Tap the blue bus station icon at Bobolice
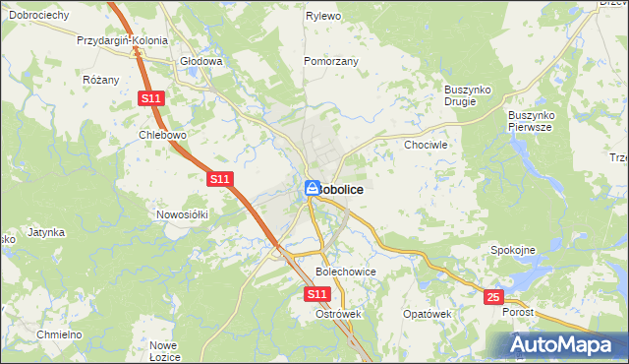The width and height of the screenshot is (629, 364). [x=312, y=188]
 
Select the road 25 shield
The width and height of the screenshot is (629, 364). [x=493, y=295]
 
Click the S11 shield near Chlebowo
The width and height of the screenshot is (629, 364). [x=150, y=99]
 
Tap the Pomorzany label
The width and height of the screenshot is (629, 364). [x=331, y=61]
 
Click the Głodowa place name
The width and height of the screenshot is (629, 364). [x=201, y=61]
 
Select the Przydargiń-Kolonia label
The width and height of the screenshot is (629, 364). [x=123, y=42]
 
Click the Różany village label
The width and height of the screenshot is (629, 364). [x=101, y=80]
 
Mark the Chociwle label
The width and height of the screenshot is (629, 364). [x=426, y=145]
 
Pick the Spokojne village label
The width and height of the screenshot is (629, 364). [x=512, y=250]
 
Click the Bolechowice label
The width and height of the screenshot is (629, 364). [x=346, y=271]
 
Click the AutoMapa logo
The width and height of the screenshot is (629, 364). [x=564, y=344]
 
